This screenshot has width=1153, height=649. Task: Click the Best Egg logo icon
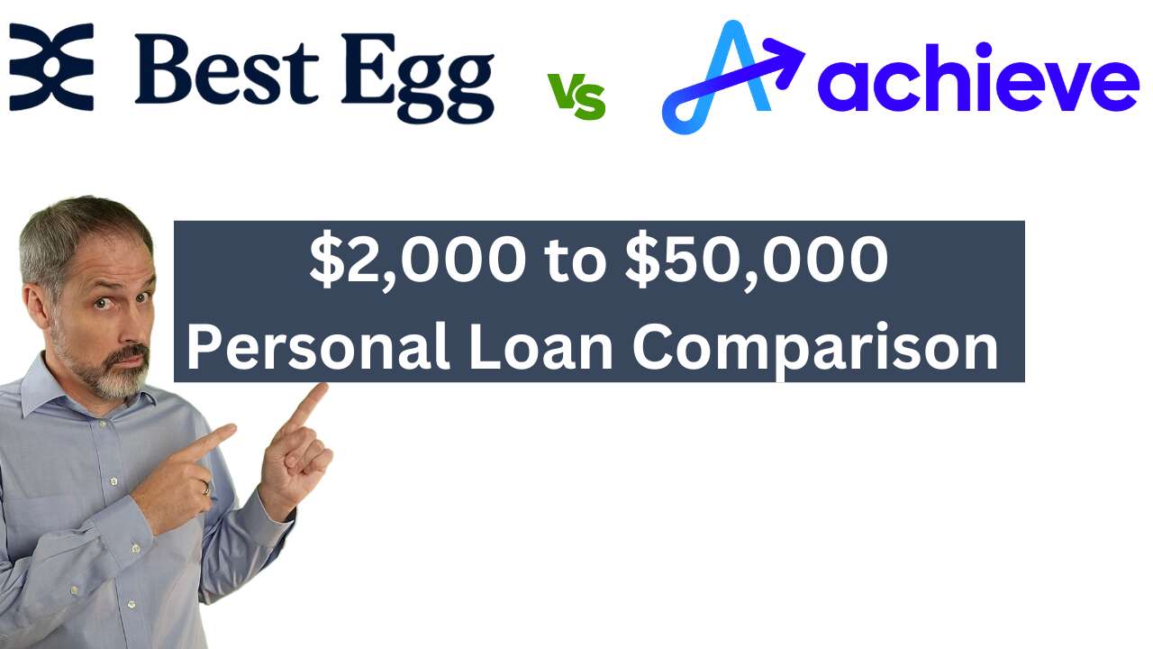coord(51,67)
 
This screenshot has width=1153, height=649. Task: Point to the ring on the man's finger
coord(205,488)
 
